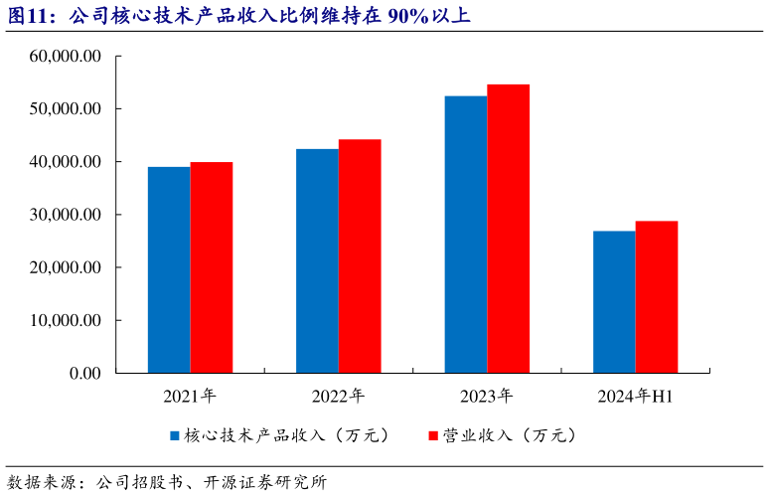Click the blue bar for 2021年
pyautogui.click(x=169, y=269)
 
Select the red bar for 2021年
pyautogui.click(x=212, y=267)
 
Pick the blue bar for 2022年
pyautogui.click(x=317, y=260)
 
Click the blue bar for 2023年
pyautogui.click(x=466, y=235)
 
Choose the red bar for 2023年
pyautogui.click(x=508, y=229)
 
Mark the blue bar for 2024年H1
pyautogui.click(x=614, y=302)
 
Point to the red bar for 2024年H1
pyautogui.click(x=657, y=297)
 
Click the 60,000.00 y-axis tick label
pyautogui.click(x=66, y=57)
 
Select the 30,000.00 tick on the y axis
pyautogui.click(x=66, y=215)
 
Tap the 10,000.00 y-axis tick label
pyautogui.click(x=66, y=321)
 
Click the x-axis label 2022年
pyautogui.click(x=338, y=397)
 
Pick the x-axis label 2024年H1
pyautogui.click(x=636, y=397)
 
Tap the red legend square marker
pyautogui.click(x=433, y=436)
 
